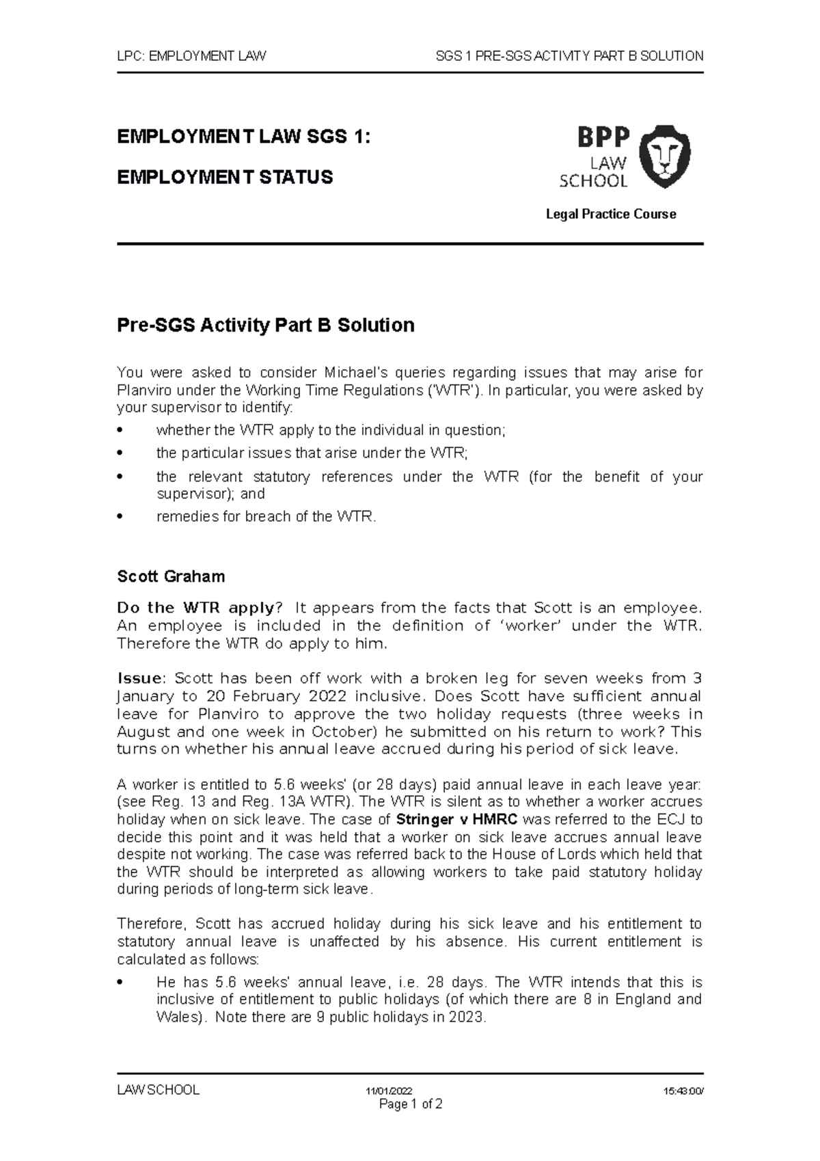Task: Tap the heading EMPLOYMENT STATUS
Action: (x=225, y=177)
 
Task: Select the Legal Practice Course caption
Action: (x=610, y=214)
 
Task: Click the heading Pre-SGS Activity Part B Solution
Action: (x=266, y=325)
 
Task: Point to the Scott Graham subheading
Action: (x=171, y=576)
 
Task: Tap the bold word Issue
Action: (x=140, y=678)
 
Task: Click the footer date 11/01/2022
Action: (x=388, y=1091)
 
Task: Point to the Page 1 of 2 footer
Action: (x=411, y=1104)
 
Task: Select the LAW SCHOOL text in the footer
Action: (x=158, y=1090)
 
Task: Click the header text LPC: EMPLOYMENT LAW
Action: (x=191, y=56)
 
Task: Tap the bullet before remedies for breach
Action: (x=121, y=517)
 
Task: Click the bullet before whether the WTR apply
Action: (x=121, y=431)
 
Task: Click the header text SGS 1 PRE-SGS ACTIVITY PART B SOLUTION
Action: (x=569, y=56)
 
